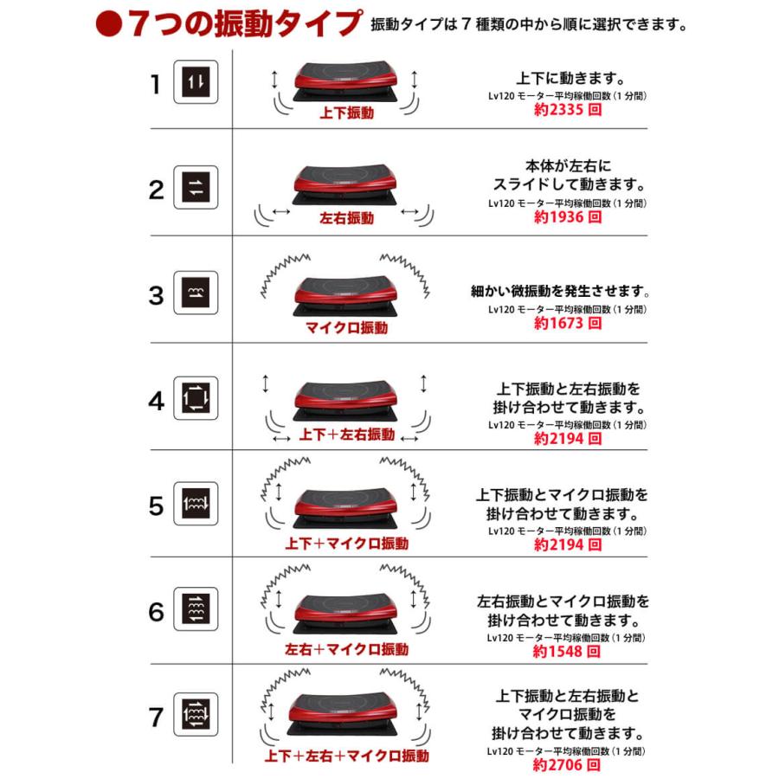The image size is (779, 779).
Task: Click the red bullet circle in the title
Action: (109, 24)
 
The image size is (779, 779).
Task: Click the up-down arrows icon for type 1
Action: (196, 82)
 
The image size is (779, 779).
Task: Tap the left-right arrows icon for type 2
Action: (196, 187)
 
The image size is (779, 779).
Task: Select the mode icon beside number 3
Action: (196, 293)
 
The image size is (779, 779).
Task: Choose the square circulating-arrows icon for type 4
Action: (196, 398)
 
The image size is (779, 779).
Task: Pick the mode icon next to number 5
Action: (196, 503)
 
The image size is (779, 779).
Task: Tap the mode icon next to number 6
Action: (196, 608)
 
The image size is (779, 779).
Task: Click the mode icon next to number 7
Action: (196, 714)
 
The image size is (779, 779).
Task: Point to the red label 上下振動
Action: (346, 113)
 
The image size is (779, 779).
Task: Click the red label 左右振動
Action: (346, 217)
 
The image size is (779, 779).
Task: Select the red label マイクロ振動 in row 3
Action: (346, 327)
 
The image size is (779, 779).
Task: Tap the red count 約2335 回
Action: (568, 109)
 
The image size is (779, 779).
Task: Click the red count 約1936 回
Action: (568, 216)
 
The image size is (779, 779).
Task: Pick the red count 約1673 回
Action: (568, 323)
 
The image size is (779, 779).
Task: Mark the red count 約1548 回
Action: (566, 651)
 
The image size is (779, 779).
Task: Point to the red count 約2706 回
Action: (566, 764)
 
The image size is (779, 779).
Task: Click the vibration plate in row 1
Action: (345, 81)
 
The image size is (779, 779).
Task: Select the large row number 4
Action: (156, 401)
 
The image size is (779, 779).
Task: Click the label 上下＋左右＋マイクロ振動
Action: (346, 756)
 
